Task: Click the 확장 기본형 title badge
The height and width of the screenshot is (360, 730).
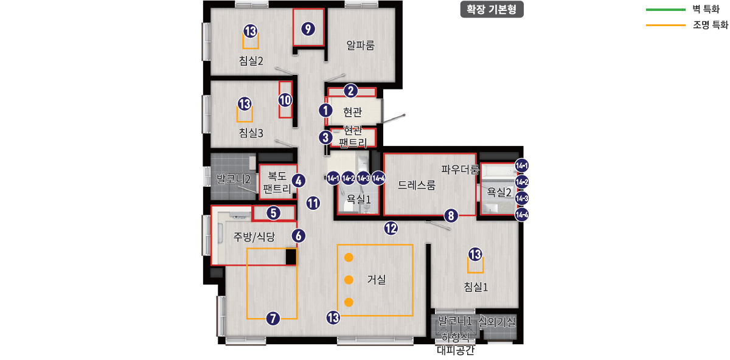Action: click(x=492, y=10)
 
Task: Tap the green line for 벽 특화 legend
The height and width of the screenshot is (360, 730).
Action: click(x=665, y=10)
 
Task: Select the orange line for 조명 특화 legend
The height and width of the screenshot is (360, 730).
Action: click(x=665, y=26)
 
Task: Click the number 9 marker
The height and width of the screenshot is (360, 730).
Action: click(x=308, y=29)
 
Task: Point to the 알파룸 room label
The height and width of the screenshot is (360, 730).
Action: click(x=360, y=45)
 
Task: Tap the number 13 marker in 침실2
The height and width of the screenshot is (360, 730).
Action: click(x=250, y=31)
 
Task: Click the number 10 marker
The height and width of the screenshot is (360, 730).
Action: click(x=285, y=100)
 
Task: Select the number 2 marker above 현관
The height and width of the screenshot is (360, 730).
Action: click(x=350, y=91)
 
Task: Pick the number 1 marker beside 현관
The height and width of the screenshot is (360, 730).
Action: click(x=326, y=111)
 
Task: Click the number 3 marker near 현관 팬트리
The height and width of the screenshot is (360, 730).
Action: click(x=326, y=137)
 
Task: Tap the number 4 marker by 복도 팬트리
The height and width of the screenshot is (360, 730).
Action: click(x=298, y=180)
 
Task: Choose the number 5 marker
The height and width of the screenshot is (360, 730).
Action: click(x=274, y=212)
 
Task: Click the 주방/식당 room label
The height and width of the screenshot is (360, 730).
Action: click(x=254, y=237)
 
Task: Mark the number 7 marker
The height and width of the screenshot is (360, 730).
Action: click(x=273, y=317)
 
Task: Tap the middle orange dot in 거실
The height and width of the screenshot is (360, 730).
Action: click(x=349, y=280)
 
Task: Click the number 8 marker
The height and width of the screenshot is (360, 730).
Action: click(x=450, y=215)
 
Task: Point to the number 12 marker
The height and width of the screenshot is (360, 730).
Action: click(x=391, y=228)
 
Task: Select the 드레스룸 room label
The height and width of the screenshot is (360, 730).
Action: click(x=417, y=186)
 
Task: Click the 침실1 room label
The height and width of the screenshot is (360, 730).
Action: click(x=476, y=286)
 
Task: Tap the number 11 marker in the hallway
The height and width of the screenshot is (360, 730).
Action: click(x=313, y=203)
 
